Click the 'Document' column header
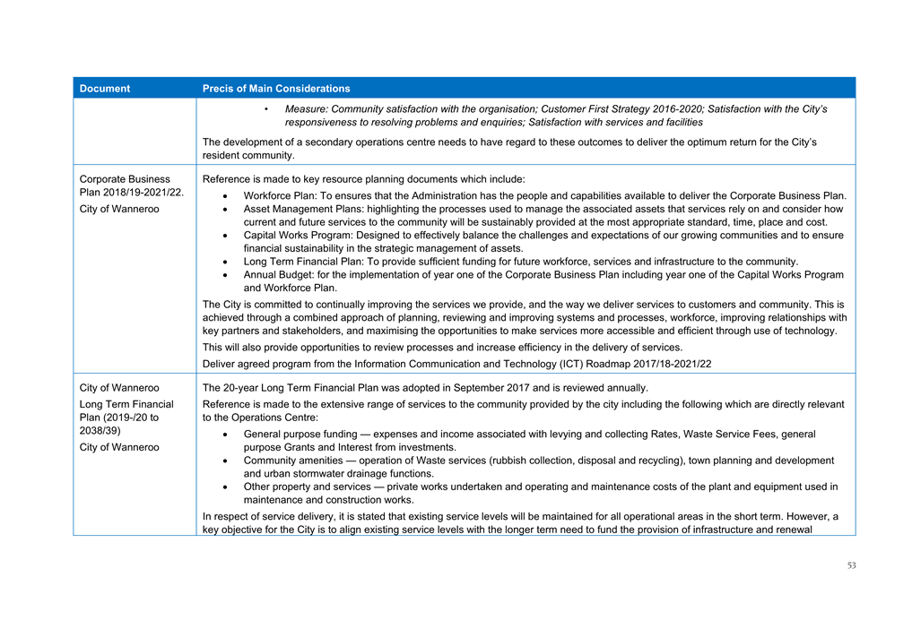(x=105, y=89)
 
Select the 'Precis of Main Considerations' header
(x=276, y=89)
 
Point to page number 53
(x=851, y=565)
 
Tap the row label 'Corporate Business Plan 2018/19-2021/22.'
(x=131, y=185)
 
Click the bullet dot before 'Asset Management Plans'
(x=224, y=209)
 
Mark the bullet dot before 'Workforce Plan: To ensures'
(x=224, y=195)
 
